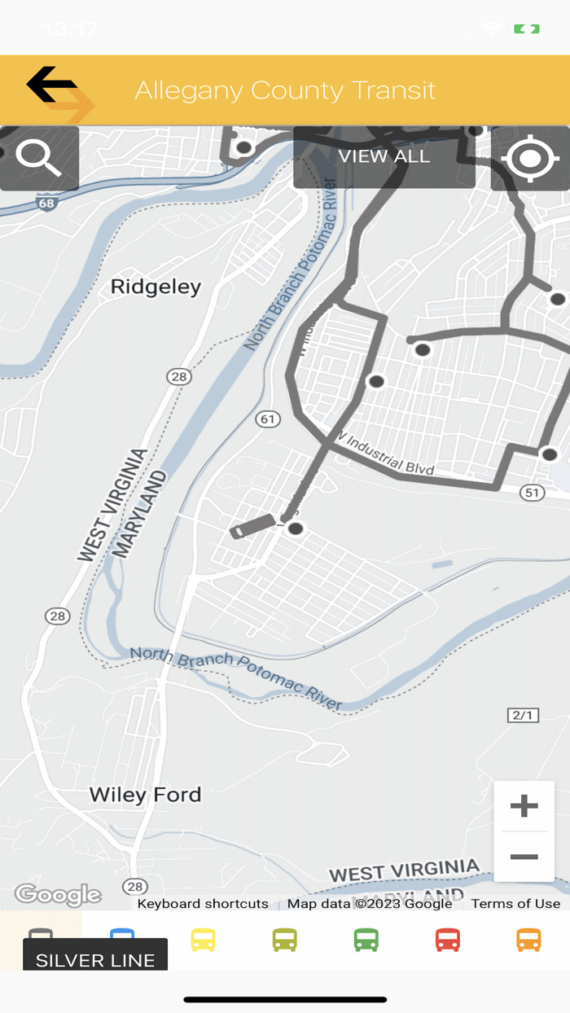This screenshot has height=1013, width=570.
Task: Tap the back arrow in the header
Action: click(52, 86)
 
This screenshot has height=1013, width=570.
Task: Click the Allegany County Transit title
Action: click(285, 90)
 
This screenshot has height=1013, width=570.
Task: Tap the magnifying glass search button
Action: click(39, 158)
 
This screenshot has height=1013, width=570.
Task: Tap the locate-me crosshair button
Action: click(530, 158)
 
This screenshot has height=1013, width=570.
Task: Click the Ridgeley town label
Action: click(156, 287)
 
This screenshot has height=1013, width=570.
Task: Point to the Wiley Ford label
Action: click(145, 795)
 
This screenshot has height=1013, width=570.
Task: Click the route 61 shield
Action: click(267, 419)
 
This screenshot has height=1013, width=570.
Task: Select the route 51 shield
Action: click(533, 492)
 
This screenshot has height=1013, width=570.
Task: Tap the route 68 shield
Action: click(48, 203)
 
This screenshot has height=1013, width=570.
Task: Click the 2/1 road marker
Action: click(522, 715)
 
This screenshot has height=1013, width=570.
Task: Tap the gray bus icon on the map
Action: click(252, 526)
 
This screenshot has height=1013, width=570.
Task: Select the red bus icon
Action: click(447, 940)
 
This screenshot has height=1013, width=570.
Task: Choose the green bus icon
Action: click(366, 940)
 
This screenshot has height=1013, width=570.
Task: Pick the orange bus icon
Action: click(528, 940)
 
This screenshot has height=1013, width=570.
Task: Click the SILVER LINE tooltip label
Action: click(95, 960)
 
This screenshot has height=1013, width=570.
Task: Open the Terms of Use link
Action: click(515, 903)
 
